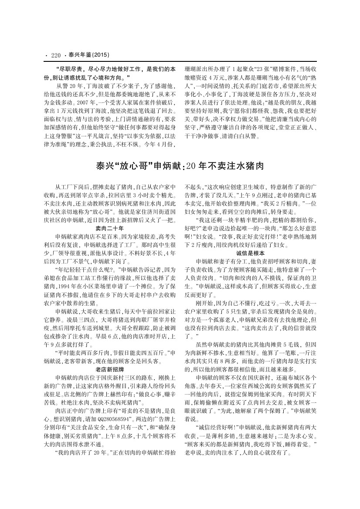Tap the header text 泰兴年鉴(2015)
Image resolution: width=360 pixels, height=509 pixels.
88,55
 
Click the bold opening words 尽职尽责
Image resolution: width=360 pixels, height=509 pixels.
68,69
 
